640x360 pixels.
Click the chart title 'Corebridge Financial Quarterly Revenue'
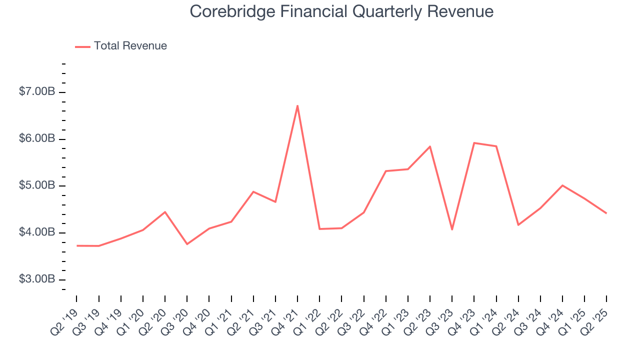pyautogui.click(x=341, y=11)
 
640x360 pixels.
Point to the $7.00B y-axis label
pyautogui.click(x=37, y=92)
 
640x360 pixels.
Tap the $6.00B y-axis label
pyautogui.click(x=37, y=139)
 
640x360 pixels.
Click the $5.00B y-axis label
pyautogui.click(x=37, y=186)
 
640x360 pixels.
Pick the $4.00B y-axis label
pyautogui.click(x=37, y=232)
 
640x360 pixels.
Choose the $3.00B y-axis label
pyautogui.click(x=37, y=279)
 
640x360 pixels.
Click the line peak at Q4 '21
pyautogui.click(x=297, y=105)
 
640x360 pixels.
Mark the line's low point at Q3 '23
pyautogui.click(x=452, y=229)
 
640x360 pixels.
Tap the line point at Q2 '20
pyautogui.click(x=165, y=212)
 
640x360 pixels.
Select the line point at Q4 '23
pyautogui.click(x=474, y=143)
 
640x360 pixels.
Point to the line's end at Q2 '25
pyautogui.click(x=606, y=213)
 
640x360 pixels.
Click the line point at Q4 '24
pyautogui.click(x=562, y=185)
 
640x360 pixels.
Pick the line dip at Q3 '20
pyautogui.click(x=187, y=244)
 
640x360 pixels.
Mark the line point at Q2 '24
pyautogui.click(x=518, y=225)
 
